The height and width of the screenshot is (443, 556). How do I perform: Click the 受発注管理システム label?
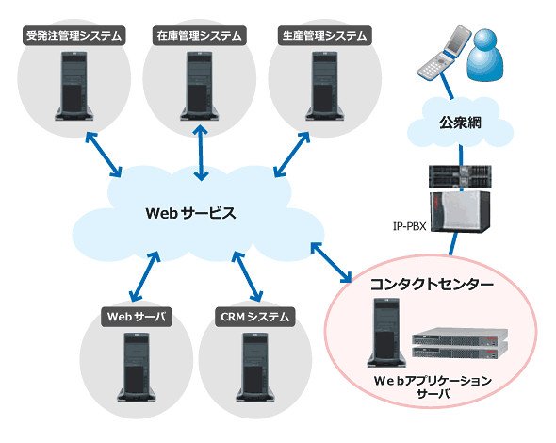pyautogui.click(x=74, y=36)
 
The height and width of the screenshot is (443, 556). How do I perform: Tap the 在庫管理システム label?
pyautogui.click(x=200, y=36)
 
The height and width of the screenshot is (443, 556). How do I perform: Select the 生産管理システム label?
pyautogui.click(x=325, y=36)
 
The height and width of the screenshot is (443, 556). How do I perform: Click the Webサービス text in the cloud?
pyautogui.click(x=190, y=213)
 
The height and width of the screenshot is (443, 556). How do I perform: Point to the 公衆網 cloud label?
pyautogui.click(x=460, y=123)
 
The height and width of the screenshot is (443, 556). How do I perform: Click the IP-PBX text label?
pyautogui.click(x=410, y=226)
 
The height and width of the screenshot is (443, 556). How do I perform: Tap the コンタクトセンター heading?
pyautogui.click(x=432, y=285)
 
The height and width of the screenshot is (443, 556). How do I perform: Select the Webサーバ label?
pyautogui.click(x=137, y=317)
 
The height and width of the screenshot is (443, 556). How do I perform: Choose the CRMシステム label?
pyautogui.click(x=255, y=317)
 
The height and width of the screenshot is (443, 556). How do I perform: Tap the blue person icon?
pyautogui.click(x=485, y=55)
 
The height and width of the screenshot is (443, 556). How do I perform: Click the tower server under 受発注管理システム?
pyautogui.click(x=74, y=86)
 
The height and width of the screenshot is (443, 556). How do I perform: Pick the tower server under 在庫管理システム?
pyautogui.click(x=200, y=86)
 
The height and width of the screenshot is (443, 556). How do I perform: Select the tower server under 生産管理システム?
pyautogui.click(x=325, y=86)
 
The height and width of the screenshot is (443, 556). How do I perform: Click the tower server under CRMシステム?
pyautogui.click(x=255, y=367)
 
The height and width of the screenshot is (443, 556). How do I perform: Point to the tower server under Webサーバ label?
pyautogui.click(x=137, y=367)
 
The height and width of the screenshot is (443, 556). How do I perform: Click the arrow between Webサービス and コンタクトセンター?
pyautogui.click(x=331, y=262)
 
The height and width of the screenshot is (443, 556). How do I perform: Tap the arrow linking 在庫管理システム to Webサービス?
pyautogui.click(x=201, y=153)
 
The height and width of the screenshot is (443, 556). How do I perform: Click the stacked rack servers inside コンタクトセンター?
pyautogui.click(x=460, y=343)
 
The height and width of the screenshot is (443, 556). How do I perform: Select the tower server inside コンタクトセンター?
pyautogui.click(x=386, y=333)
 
